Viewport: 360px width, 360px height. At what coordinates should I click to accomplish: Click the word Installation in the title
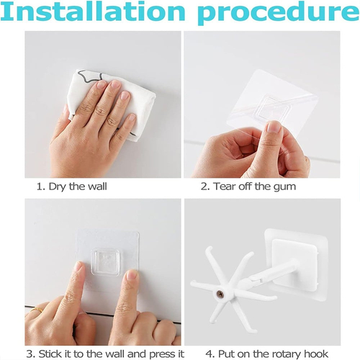pos(94,12)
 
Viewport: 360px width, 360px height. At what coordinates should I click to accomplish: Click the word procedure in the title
pos(279,14)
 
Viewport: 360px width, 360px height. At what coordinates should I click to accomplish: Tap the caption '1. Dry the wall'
pos(71,186)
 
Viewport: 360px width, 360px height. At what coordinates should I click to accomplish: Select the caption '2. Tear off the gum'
pos(248,186)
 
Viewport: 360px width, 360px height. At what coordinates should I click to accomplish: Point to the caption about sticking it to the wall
pos(105,354)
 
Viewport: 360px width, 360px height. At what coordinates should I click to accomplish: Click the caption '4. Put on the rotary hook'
pos(266,354)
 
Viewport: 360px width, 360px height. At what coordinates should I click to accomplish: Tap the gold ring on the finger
pos(37,310)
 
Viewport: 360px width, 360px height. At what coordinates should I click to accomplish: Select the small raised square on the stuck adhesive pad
pos(106,262)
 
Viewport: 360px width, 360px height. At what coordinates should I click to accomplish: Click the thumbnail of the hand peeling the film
pos(274,127)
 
